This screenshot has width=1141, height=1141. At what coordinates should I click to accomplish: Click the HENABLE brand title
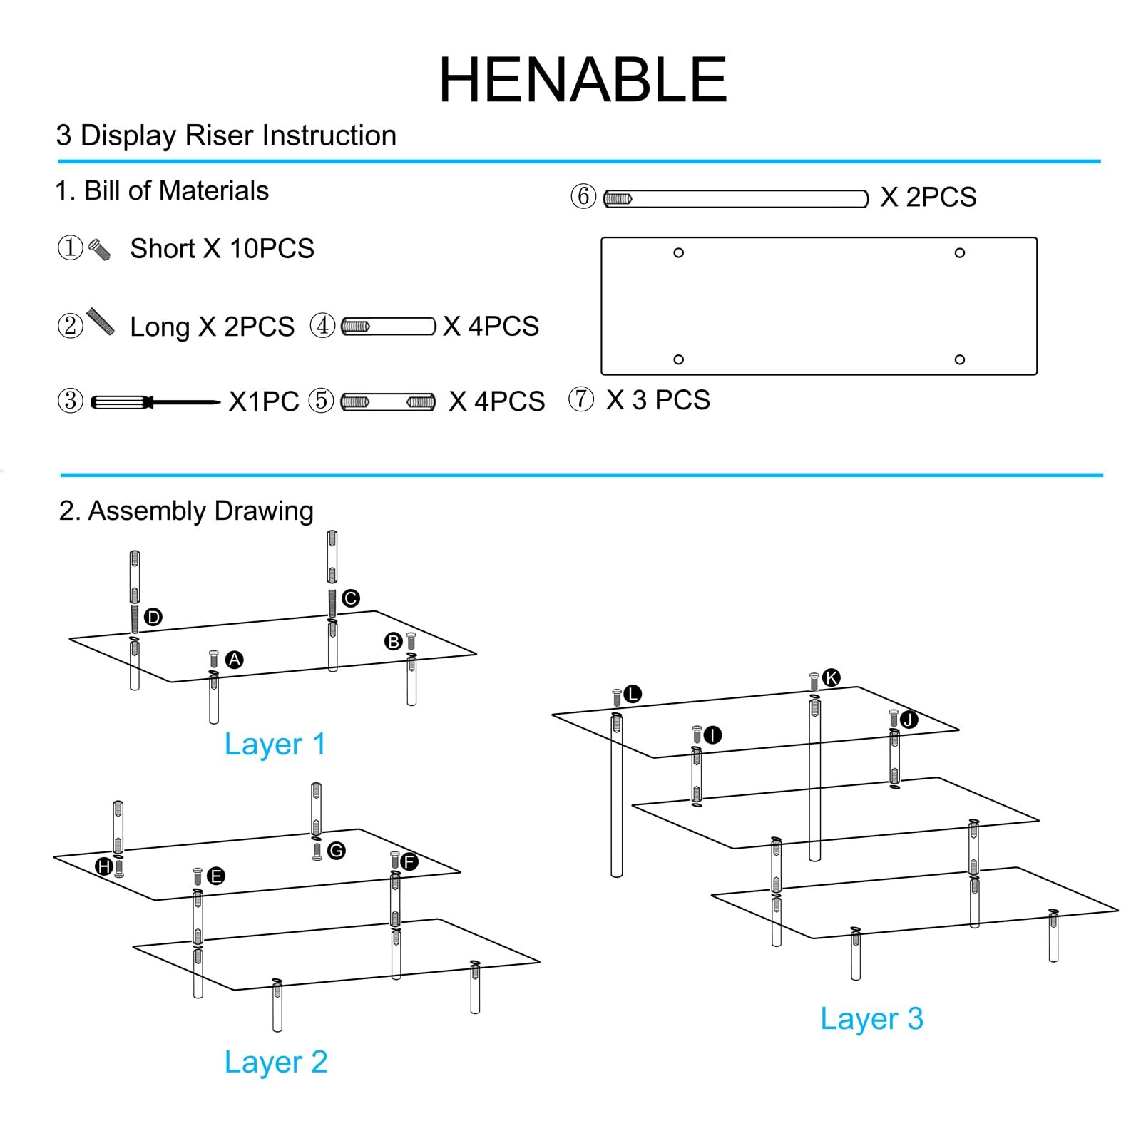(x=583, y=80)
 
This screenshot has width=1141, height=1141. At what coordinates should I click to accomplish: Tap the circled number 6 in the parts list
(x=583, y=196)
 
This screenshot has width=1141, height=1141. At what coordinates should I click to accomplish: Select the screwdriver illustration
(x=155, y=402)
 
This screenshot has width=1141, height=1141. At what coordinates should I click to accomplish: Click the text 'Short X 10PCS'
(x=222, y=249)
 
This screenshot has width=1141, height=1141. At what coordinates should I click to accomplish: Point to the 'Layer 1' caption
(x=275, y=745)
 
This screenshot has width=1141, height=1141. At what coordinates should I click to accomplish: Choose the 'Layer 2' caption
(x=276, y=1062)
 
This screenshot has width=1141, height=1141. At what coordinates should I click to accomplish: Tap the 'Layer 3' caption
(x=871, y=1018)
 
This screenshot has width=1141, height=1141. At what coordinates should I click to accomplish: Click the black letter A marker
(x=234, y=660)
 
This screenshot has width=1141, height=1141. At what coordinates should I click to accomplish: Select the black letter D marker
(x=153, y=617)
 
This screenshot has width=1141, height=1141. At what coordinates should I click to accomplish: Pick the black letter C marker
(x=350, y=598)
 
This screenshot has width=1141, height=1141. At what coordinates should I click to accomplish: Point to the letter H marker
(x=104, y=866)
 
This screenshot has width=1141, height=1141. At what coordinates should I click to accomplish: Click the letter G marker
(x=336, y=850)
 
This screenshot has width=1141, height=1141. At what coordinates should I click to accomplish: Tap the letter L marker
(x=633, y=694)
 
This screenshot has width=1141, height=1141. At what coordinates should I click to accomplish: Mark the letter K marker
(x=831, y=677)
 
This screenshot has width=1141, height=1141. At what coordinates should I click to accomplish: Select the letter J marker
(x=909, y=720)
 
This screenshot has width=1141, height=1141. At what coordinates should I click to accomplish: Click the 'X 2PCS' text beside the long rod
(x=928, y=198)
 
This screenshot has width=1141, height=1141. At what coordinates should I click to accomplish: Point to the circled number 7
(x=581, y=399)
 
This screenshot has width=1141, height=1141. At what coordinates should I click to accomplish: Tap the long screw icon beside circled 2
(x=101, y=322)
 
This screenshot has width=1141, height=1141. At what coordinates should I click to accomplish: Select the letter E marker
(x=216, y=876)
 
